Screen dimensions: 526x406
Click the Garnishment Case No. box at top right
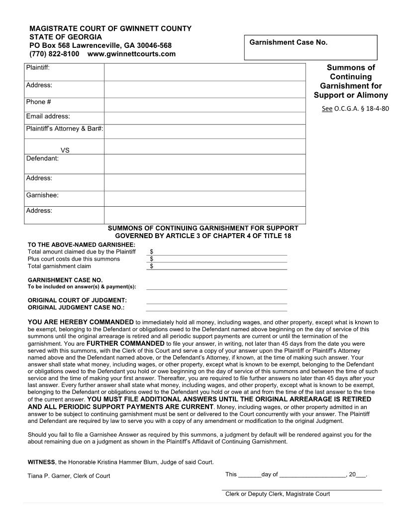click(310, 48)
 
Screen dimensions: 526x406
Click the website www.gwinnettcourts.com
click(131, 54)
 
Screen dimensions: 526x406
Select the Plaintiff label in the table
click(38, 67)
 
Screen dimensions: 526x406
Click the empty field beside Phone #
click(204, 105)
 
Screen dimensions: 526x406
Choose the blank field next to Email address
click(204, 118)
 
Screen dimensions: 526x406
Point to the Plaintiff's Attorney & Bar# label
click(64, 129)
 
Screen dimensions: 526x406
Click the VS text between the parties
click(65, 150)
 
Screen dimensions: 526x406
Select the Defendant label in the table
click(42, 158)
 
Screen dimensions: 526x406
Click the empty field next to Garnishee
click(204, 199)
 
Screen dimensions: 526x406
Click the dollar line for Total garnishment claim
click(217, 266)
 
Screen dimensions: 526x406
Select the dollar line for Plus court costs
click(217, 259)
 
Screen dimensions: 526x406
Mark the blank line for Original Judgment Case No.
click(216, 308)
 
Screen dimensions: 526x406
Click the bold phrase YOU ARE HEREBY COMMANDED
click(81, 322)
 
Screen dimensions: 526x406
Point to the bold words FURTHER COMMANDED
click(125, 343)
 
